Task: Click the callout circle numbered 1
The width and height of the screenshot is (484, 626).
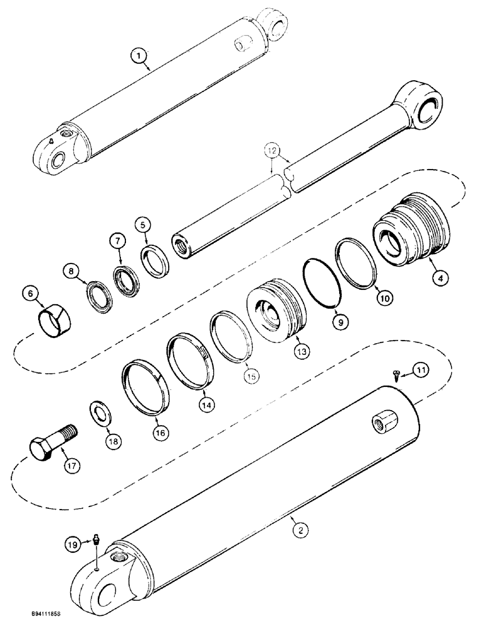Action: point(139,58)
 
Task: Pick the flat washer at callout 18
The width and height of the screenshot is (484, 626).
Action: point(99,413)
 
